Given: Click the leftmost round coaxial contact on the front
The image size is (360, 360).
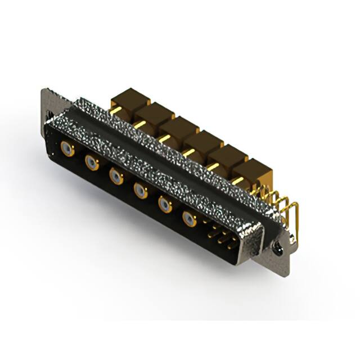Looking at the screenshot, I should pos(67,149).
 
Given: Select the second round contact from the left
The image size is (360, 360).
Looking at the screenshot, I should pos(92,163).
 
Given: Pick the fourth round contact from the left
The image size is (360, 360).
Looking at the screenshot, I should pos(140,191).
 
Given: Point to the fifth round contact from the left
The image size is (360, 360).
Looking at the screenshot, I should pos(164,205).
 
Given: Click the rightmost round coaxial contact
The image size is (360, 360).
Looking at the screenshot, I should pos(189,219).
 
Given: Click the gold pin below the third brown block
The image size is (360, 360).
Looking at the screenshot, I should pos(164,137).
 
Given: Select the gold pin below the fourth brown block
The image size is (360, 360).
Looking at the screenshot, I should pos(189,152).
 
